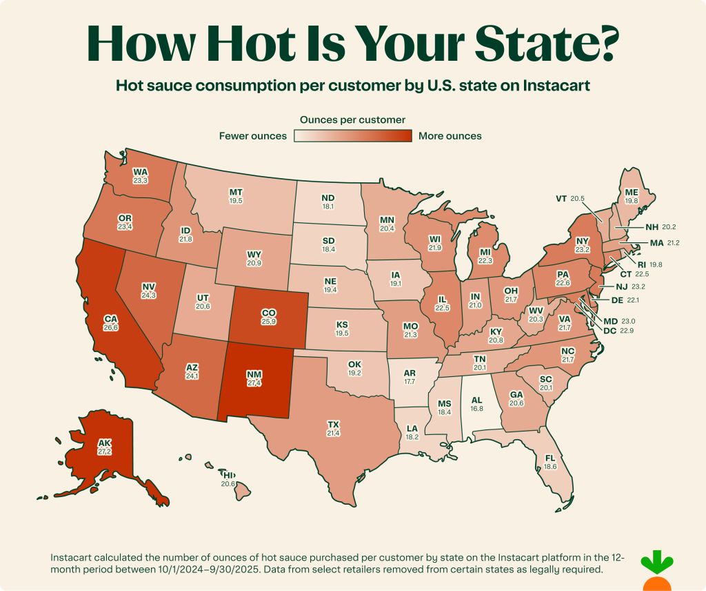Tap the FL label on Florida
(549, 458)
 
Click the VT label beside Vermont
(561, 199)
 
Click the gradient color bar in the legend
(352, 136)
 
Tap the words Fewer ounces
(252, 136)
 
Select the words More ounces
(450, 136)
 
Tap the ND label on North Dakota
(328, 197)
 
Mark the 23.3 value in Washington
(140, 180)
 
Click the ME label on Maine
(631, 193)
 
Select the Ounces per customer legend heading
(352, 119)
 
